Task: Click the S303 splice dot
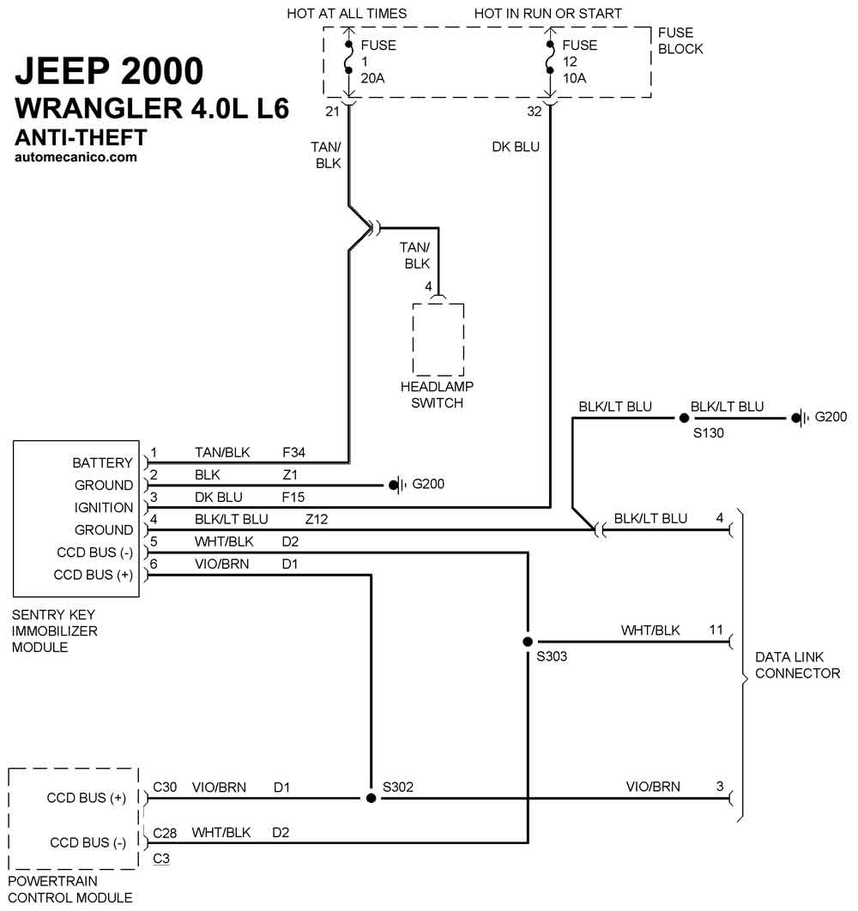click(527, 642)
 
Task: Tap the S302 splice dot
click(371, 799)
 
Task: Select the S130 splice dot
click(684, 418)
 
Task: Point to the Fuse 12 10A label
click(579, 62)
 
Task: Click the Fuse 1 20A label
click(378, 62)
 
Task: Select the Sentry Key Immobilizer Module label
click(54, 631)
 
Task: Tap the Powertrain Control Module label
click(69, 889)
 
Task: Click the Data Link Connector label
click(798, 666)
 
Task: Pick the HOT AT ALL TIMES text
click(347, 14)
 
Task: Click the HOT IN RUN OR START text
click(547, 14)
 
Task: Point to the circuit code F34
click(293, 452)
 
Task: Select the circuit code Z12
click(317, 519)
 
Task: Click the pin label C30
click(165, 787)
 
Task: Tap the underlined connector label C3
click(161, 859)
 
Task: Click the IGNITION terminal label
click(104, 507)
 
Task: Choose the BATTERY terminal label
click(102, 462)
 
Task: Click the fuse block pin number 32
click(535, 111)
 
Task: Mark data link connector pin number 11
click(716, 630)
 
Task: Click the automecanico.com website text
click(76, 157)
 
